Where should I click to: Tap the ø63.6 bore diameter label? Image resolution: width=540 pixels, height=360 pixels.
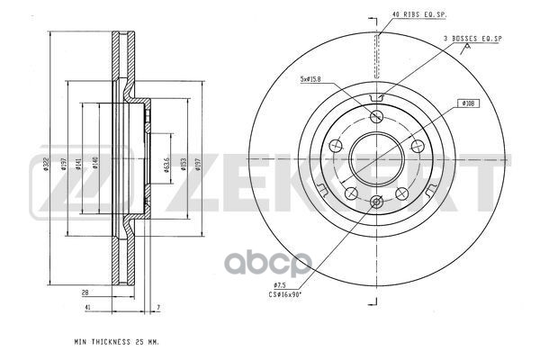click(166, 163)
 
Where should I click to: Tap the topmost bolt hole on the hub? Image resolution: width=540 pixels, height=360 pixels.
click(376, 116)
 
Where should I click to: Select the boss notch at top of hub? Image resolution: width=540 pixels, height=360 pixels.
click(376, 100)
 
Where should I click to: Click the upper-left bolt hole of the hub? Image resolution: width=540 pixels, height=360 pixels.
click(334, 147)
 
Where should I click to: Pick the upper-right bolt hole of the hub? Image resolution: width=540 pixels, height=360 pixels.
click(418, 147)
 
